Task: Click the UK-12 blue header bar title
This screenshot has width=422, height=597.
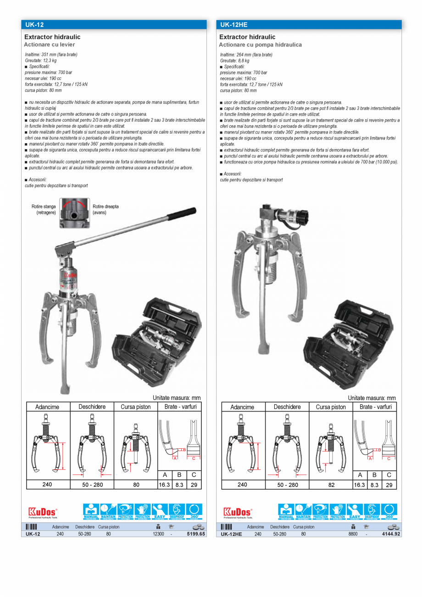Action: pos(35,25)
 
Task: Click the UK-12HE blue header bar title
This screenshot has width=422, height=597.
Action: pos(233,25)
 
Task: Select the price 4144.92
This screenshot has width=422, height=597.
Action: pos(391,534)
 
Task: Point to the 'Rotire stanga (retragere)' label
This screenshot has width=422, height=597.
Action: pos(44,210)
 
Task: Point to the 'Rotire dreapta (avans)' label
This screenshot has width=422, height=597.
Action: pos(105,210)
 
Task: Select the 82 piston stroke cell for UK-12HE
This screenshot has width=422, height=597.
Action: pos(331,485)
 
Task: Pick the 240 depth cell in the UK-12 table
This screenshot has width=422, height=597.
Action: pos(47,484)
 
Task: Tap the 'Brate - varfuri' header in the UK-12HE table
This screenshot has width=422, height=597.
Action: pos(375,407)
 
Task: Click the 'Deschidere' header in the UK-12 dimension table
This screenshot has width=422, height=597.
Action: pos(92,407)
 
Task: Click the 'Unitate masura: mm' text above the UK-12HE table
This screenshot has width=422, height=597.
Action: pos(372,398)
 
